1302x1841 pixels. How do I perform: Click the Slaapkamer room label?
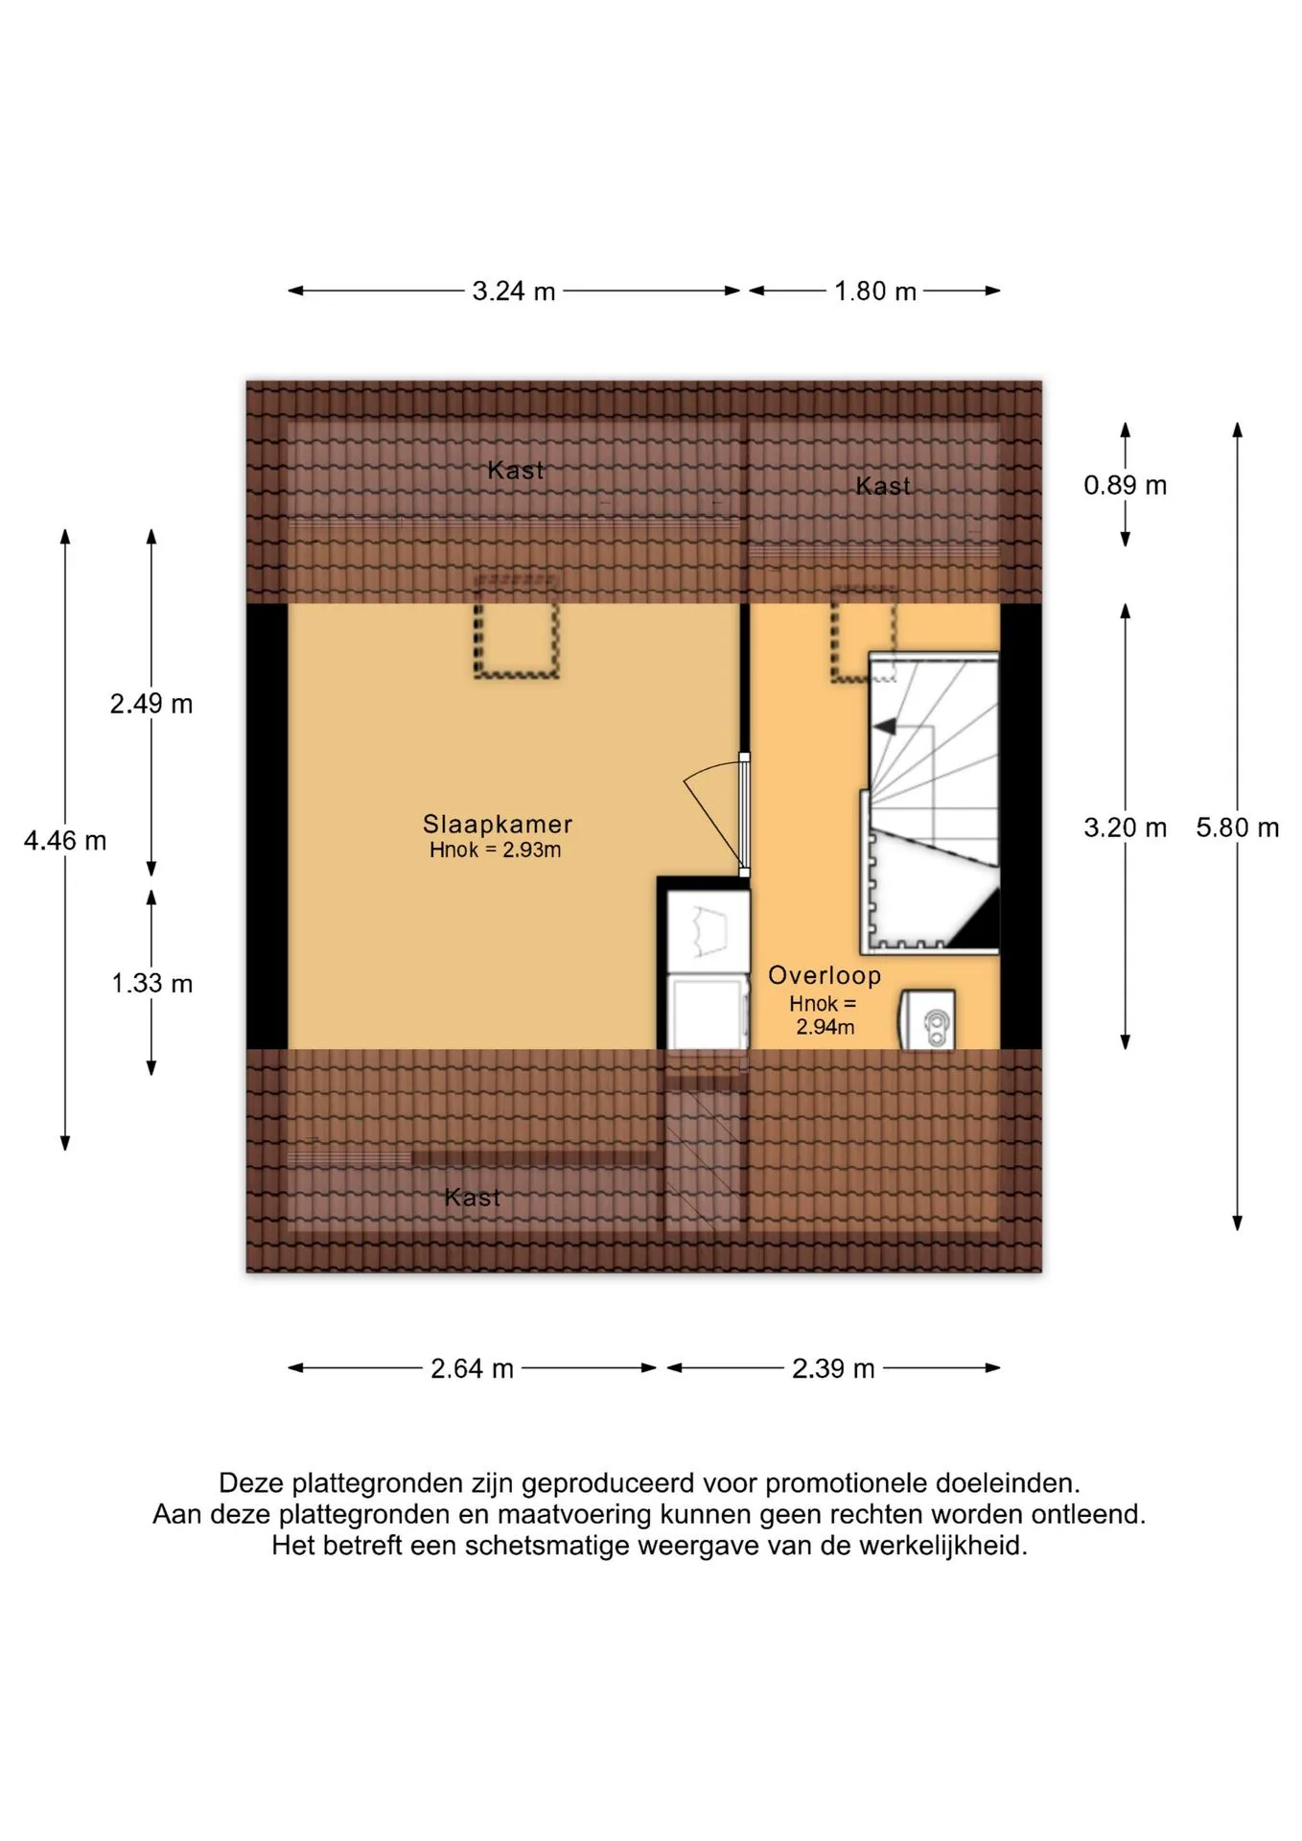point(498,824)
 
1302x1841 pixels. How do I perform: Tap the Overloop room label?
point(825,975)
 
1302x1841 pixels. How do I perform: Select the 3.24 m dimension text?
point(514,291)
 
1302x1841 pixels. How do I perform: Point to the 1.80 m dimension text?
point(875,291)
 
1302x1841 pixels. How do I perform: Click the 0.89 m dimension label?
point(1126,485)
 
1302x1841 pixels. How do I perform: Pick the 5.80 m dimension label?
point(1238,827)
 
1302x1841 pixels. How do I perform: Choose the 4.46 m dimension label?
point(65,841)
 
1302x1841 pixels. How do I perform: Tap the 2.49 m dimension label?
point(151,704)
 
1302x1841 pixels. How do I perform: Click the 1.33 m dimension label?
point(152,983)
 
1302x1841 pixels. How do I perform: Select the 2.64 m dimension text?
point(473,1368)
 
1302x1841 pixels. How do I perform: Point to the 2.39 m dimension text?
point(834,1368)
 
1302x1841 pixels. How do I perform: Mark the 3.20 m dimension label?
point(1126,827)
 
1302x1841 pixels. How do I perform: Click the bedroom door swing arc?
point(709,770)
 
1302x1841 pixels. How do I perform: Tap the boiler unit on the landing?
point(927,1020)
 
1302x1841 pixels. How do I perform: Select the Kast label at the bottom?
point(473,1197)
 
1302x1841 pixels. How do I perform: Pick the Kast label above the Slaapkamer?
point(516,470)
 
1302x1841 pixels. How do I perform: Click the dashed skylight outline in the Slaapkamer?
point(516,629)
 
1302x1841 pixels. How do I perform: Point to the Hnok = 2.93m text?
point(495,850)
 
